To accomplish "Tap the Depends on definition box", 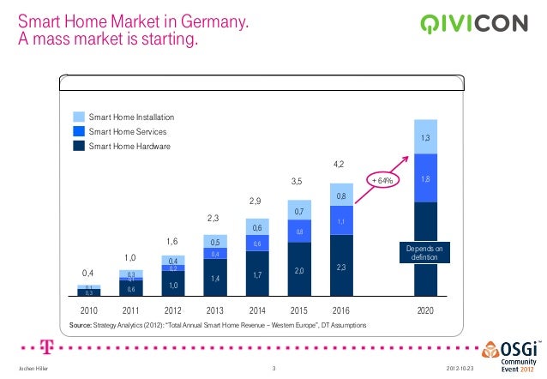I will click(x=425, y=252).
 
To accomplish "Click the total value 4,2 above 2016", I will click(x=340, y=163).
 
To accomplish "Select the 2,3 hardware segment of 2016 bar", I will click(x=340, y=268).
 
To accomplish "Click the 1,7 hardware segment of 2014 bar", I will click(x=256, y=274).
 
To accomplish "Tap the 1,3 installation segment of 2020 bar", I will click(x=425, y=137).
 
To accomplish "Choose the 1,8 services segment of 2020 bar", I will click(x=425, y=178).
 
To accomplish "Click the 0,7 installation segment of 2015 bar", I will click(x=298, y=211).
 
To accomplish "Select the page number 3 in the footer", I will click(x=273, y=369).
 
